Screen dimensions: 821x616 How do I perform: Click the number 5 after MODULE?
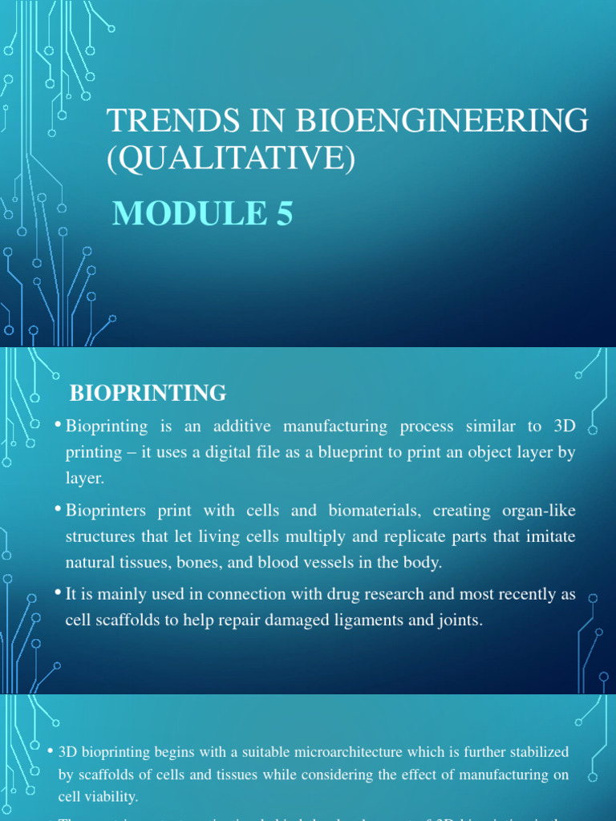(285, 214)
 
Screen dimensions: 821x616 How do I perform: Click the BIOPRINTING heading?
(148, 393)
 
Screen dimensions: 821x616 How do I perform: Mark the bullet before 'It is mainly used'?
(59, 592)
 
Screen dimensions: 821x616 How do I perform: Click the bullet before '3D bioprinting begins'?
(51, 750)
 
